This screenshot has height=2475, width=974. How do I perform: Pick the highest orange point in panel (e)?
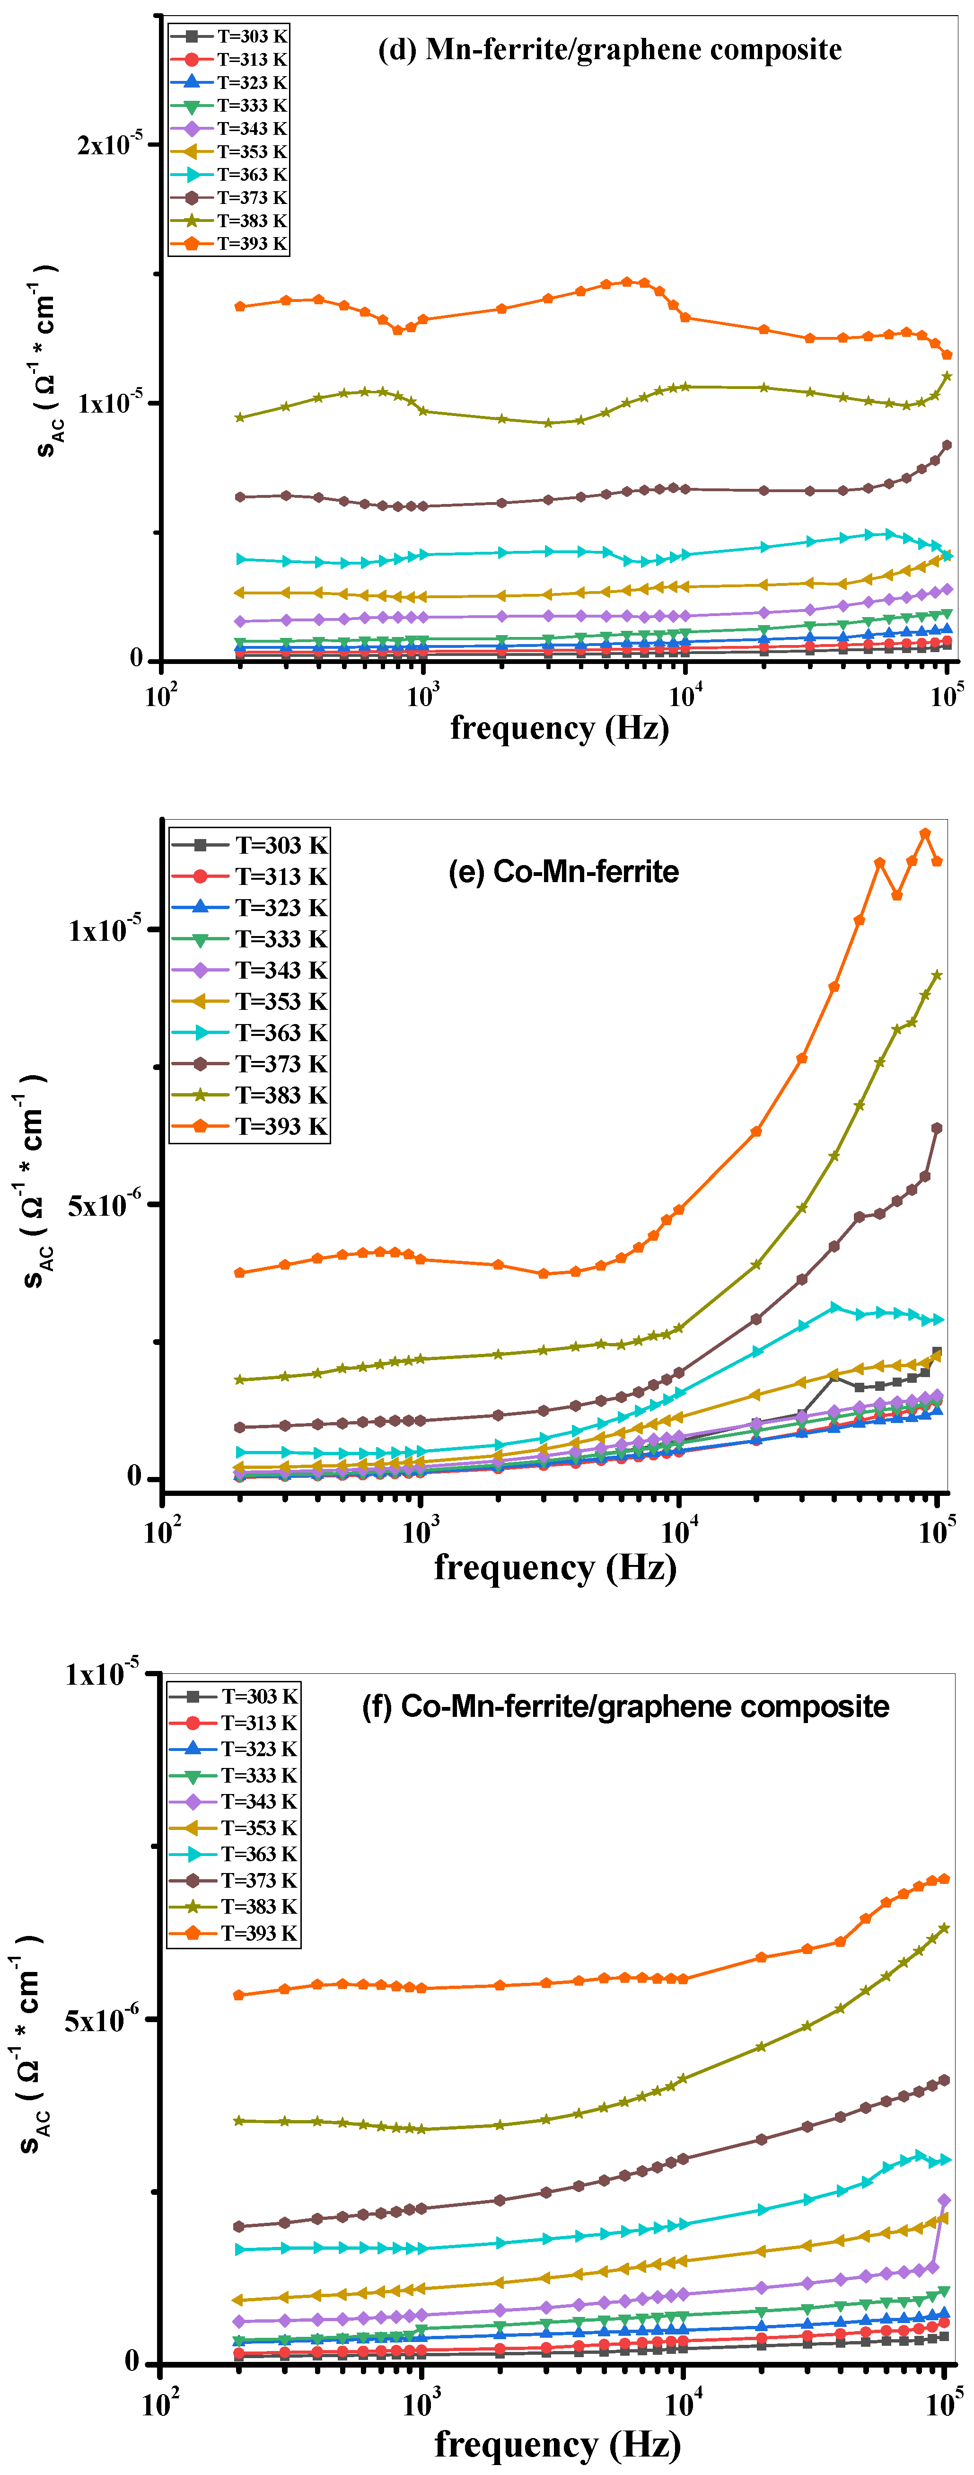click(925, 834)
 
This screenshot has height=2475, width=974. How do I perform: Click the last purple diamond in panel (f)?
click(944, 2200)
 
